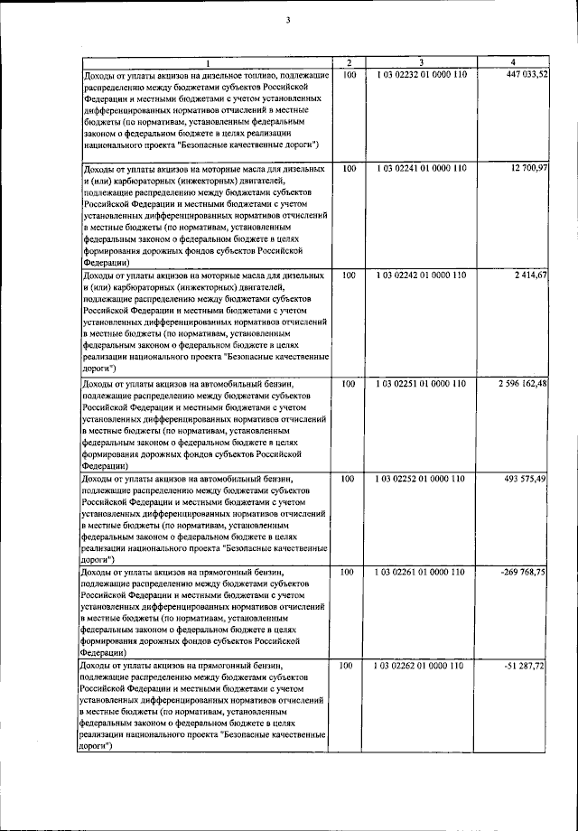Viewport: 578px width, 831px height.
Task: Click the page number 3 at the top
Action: [x=288, y=11]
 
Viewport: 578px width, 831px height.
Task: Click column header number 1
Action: [x=206, y=61]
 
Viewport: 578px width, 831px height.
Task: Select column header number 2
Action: [x=349, y=61]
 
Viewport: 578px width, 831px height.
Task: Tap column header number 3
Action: [x=421, y=61]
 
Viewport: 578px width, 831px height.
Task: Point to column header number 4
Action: [x=514, y=61]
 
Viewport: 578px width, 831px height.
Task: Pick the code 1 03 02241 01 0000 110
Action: [x=421, y=169]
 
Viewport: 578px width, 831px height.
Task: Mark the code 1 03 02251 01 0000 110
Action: [x=421, y=383]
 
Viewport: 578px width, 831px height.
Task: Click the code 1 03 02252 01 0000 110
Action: [x=421, y=478]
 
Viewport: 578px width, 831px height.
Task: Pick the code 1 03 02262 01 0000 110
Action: [x=421, y=666]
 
